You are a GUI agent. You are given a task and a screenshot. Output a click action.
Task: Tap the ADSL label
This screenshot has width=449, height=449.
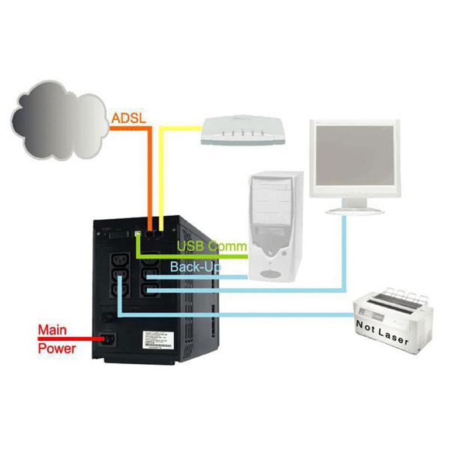click(128, 118)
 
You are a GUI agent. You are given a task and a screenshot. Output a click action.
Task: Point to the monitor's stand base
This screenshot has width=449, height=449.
click(354, 209)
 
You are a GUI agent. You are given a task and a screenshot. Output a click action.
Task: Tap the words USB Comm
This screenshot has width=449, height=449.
click(212, 246)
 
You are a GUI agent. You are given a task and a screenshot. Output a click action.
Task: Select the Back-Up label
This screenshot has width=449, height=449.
click(195, 267)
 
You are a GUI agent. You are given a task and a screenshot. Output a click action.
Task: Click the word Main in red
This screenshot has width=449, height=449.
click(52, 330)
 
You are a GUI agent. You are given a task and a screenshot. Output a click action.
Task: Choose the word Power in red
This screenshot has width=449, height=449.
click(57, 348)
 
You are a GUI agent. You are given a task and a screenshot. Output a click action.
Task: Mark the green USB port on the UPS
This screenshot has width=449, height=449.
click(137, 234)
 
